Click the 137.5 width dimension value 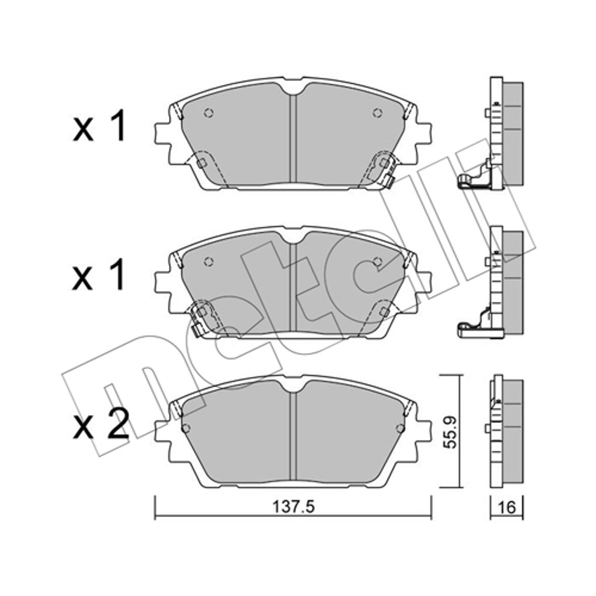294,506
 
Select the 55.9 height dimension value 451,432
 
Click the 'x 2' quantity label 100,424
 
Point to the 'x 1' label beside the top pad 99,126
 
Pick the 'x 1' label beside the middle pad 99,274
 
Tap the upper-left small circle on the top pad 209,113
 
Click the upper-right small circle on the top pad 377,113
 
